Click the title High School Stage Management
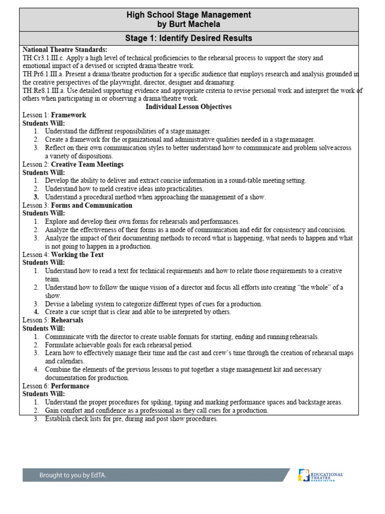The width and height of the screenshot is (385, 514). pos(189,15)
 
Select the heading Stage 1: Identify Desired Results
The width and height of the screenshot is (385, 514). pos(189,38)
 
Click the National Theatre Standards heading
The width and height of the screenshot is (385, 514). pos(65,50)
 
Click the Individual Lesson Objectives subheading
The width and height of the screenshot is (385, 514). pos(188,107)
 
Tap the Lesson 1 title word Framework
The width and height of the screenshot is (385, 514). pos(69,115)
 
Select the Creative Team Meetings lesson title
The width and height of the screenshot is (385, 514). pos(87,164)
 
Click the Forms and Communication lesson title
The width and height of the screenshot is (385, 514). pos(92,205)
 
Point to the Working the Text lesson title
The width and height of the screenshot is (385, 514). pos(77,254)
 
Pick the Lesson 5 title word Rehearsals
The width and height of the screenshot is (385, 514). pos(67,320)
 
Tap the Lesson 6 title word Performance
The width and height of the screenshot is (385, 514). pos(70,386)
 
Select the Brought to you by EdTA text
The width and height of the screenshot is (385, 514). pos(73,475)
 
